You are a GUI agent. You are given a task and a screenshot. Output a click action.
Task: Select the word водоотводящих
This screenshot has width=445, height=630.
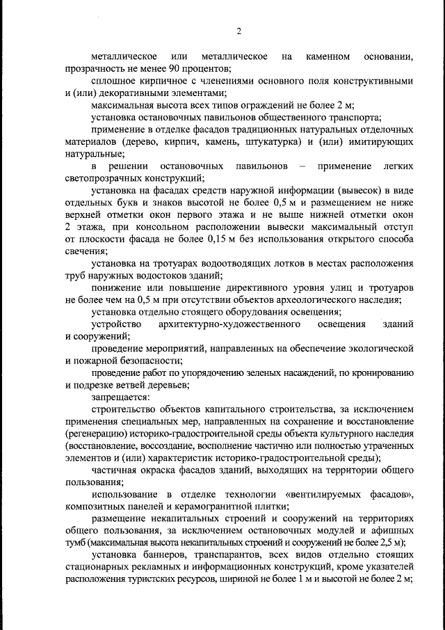tap(222, 265)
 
